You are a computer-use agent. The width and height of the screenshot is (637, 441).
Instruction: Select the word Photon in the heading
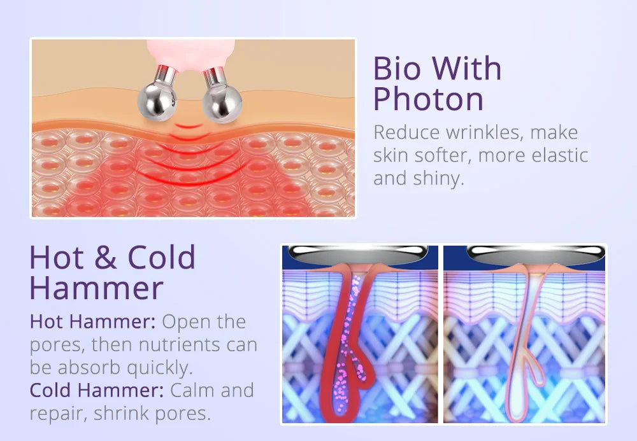pyautogui.click(x=428, y=100)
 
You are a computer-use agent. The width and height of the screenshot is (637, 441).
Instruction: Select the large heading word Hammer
pyautogui.click(x=96, y=288)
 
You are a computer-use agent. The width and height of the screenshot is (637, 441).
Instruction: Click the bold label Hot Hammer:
pyautogui.click(x=92, y=321)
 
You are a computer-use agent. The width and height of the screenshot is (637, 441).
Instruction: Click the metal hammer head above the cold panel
pyautogui.click(x=525, y=253)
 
